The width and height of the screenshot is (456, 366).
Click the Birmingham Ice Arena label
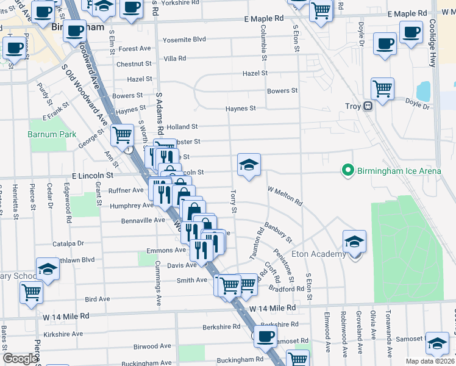[x=399, y=171]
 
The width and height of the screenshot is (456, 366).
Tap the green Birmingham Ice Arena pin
[x=348, y=170]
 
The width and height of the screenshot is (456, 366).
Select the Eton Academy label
[x=319, y=254]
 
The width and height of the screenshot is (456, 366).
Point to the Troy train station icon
[x=368, y=106]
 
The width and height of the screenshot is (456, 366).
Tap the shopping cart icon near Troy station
[x=382, y=89]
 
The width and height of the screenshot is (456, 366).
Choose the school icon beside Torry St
[x=249, y=165]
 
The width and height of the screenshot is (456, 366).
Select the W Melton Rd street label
[x=285, y=196]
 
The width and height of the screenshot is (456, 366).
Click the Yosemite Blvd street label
[x=184, y=40]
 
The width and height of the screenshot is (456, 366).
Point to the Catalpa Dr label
[x=68, y=243]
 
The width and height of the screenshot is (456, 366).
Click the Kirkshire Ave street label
[x=63, y=334]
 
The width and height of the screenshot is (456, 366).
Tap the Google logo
[x=20, y=359]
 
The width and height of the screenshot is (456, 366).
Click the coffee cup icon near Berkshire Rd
[x=265, y=335]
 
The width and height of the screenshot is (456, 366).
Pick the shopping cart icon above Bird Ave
[x=31, y=292]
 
